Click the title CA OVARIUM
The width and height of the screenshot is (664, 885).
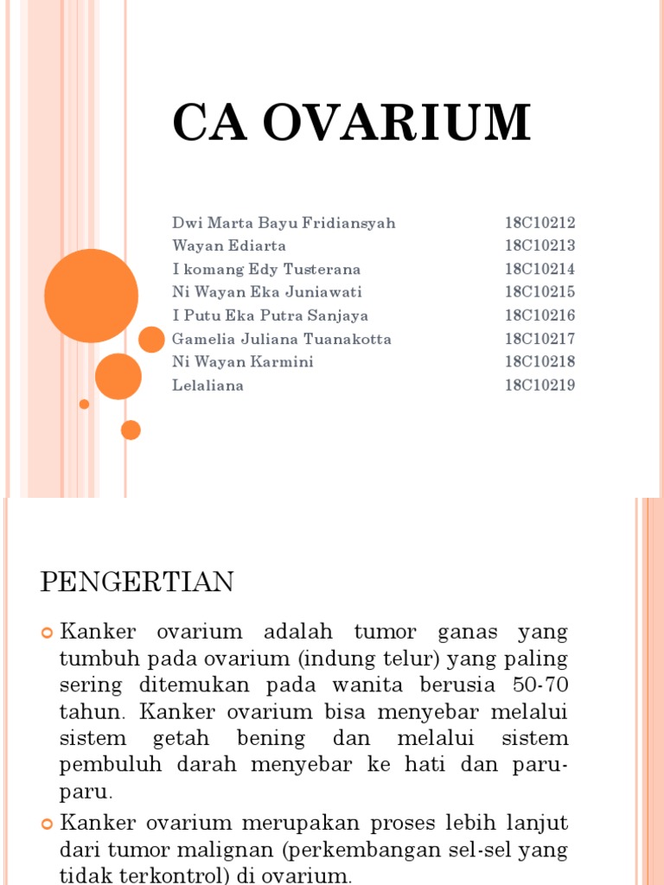point(351,123)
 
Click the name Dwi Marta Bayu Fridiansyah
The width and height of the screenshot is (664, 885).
point(284,223)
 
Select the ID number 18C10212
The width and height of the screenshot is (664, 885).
point(539,223)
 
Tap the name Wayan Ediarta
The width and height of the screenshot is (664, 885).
point(229,246)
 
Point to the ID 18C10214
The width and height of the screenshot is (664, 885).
point(539,270)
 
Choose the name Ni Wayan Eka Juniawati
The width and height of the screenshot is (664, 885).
point(267,292)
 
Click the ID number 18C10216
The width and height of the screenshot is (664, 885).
point(539,315)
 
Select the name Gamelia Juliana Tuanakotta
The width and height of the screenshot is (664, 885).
point(282,339)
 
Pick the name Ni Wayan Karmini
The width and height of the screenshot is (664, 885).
point(243,362)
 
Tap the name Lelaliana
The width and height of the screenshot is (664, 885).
point(207,385)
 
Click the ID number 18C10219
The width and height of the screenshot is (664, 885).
point(539,385)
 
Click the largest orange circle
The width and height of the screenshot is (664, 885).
point(91,296)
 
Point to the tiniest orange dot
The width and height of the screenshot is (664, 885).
point(84,404)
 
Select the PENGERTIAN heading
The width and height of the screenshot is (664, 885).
point(137,583)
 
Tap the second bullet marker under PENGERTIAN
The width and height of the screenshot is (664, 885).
point(48,821)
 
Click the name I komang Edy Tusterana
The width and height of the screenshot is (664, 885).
point(266,270)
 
